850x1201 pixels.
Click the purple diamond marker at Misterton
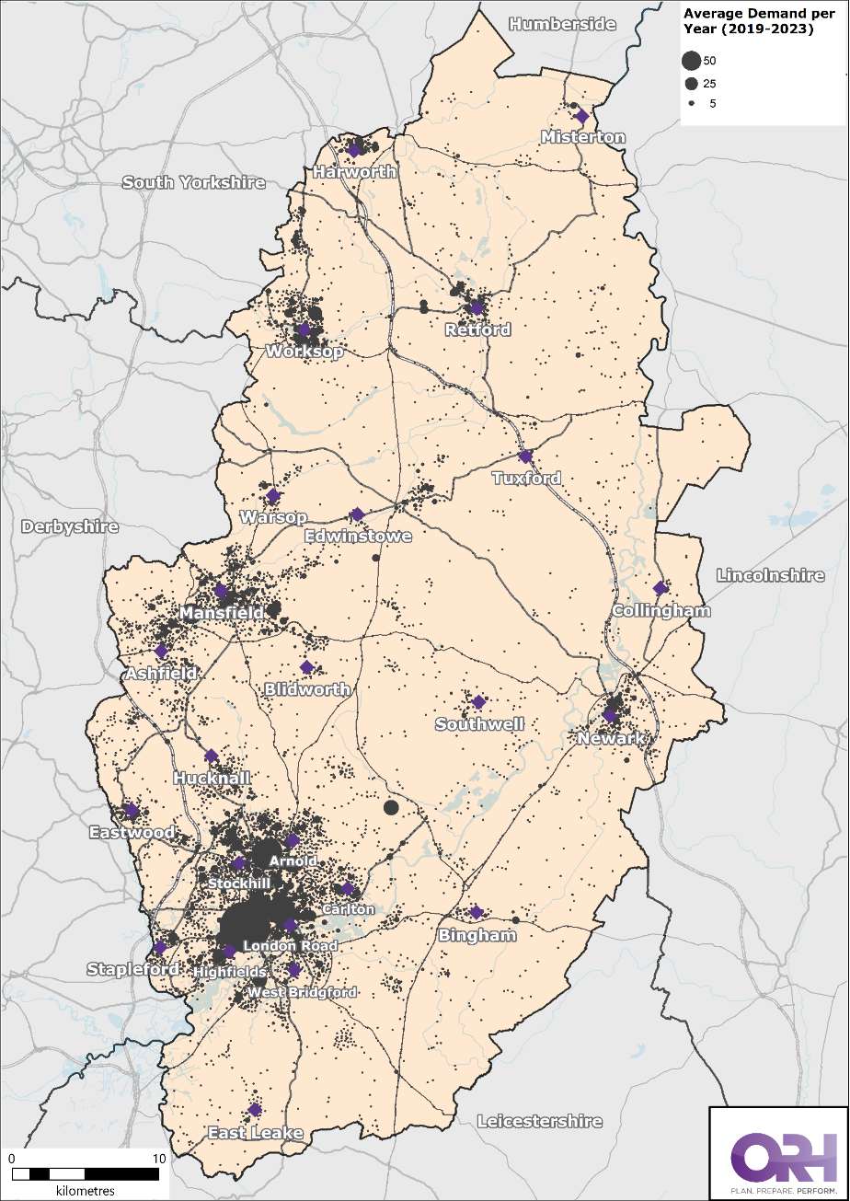coord(581,116)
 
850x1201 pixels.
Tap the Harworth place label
coord(354,172)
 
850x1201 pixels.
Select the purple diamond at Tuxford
coord(525,456)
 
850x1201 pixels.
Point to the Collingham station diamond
coord(660,588)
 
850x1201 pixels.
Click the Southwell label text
coord(479,724)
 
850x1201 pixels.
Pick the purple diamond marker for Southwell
coord(478,702)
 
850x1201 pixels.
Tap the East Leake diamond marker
coord(255,1110)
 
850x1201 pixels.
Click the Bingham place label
coord(477,935)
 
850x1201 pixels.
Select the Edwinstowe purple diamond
coord(357,514)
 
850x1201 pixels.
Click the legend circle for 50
coord(690,62)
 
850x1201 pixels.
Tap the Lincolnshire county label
coord(770,575)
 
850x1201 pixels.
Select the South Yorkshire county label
coord(193,182)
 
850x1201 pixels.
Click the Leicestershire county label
coord(539,1121)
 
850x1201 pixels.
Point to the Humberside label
coord(562,24)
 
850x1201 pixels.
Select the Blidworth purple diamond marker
coord(306,667)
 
